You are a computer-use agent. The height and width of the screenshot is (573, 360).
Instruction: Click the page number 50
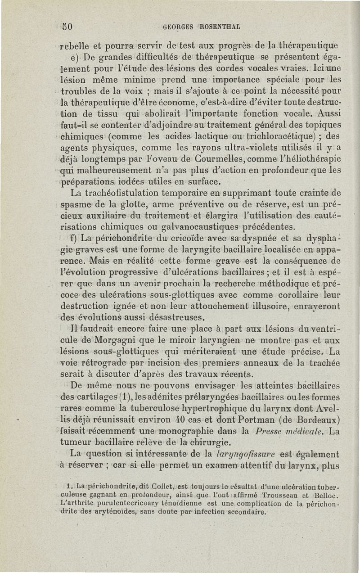point(67,26)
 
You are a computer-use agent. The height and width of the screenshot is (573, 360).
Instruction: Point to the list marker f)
point(74,237)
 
